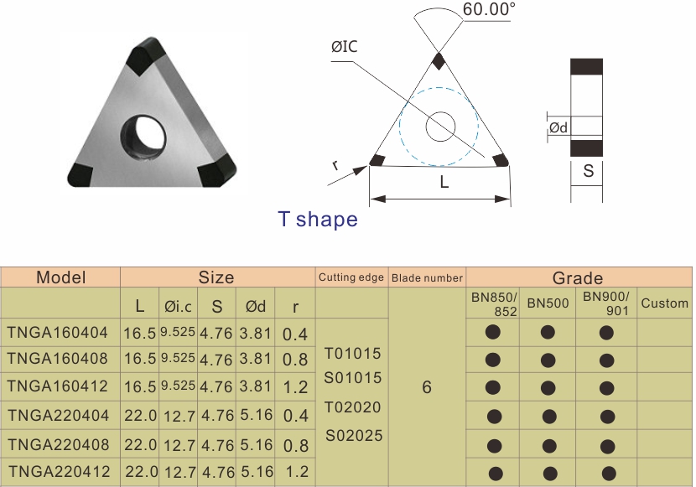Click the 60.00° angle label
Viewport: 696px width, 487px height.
point(489,9)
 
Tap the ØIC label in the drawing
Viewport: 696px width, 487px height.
point(345,47)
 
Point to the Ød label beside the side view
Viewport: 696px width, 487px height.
point(558,127)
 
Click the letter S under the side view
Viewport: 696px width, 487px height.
point(588,171)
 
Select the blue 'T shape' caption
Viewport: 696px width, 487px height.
point(318,219)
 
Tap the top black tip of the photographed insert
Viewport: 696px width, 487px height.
point(146,56)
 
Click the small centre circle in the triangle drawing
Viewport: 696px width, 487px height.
point(440,127)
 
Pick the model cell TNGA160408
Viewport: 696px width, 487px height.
point(58,359)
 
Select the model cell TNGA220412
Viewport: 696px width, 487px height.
point(60,471)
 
